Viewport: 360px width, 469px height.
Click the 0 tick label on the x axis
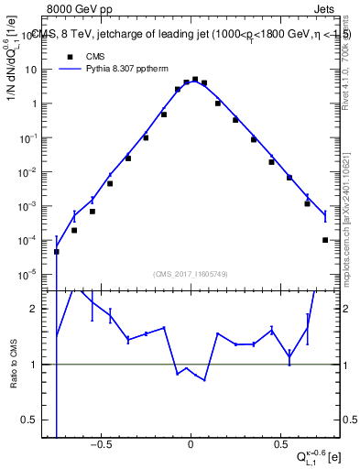191,446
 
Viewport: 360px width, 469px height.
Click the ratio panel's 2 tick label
41,309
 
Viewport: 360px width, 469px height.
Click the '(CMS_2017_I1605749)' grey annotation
191,274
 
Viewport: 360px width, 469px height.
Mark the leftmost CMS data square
57,251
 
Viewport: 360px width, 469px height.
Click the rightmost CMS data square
325,240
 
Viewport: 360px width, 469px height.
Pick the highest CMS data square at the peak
195,80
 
